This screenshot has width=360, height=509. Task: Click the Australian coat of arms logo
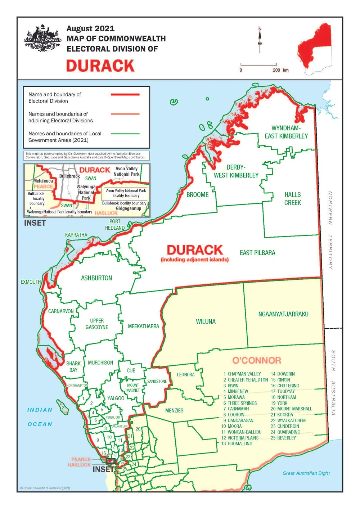42,39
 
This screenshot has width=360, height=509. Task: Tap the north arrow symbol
260,40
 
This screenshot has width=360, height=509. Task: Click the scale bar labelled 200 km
258,66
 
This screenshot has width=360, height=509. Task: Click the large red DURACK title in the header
100,66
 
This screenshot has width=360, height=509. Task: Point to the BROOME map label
197,195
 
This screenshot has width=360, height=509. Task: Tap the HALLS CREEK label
292,199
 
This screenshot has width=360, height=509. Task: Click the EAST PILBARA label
257,253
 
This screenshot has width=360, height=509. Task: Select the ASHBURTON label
96,278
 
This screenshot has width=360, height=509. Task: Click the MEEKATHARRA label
143,326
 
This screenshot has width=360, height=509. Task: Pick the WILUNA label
206,321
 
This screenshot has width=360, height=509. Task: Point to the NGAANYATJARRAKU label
283,314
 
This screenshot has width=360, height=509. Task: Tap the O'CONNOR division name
256,360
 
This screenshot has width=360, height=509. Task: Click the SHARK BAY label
73,367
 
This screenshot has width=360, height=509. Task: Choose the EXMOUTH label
31,282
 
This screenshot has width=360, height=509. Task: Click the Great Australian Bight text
306,473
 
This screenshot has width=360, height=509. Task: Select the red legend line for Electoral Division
125,94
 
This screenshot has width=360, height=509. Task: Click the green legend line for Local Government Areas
125,134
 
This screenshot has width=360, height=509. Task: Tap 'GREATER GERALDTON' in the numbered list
248,380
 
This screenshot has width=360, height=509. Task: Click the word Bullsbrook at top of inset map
69,176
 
